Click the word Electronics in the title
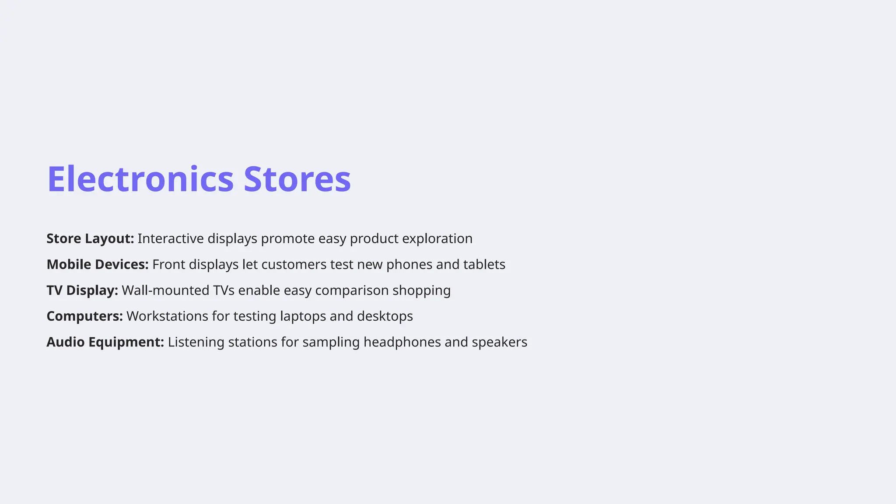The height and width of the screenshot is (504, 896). point(140,179)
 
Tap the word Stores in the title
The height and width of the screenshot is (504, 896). point(297,179)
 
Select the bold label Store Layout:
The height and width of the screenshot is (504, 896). point(90,239)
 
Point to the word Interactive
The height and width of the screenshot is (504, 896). point(171,239)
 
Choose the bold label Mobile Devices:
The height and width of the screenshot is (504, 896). point(98,265)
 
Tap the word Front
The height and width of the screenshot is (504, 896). point(168,265)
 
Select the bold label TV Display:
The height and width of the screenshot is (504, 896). point(82,290)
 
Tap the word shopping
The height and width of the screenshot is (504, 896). point(421,290)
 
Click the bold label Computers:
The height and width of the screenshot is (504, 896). point(85,316)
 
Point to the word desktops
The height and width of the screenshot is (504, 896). point(385,316)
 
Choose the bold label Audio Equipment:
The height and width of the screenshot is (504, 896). point(105,342)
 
